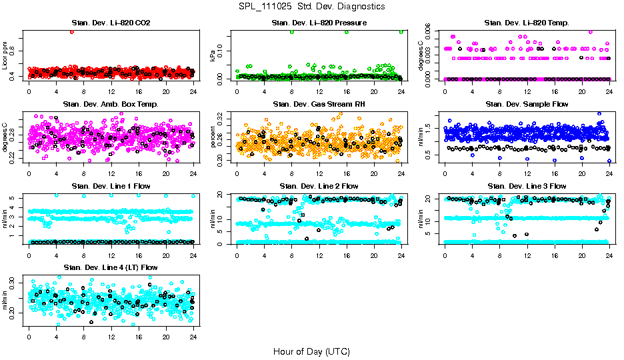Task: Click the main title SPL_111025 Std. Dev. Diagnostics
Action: (311, 6)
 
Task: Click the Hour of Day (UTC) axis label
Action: (311, 351)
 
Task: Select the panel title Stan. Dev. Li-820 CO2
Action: (111, 23)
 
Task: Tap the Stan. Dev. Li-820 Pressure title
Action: (319, 23)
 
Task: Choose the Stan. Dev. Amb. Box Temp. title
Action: (111, 105)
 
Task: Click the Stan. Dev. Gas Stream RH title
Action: (319, 105)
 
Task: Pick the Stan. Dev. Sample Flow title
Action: (527, 105)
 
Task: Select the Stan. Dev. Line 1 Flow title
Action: (111, 186)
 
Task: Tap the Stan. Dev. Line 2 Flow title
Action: (319, 186)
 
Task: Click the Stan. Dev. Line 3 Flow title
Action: (527, 186)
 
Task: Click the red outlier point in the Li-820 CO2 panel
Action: (71, 32)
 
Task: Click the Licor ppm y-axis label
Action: (5, 55)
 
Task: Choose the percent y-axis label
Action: (213, 137)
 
